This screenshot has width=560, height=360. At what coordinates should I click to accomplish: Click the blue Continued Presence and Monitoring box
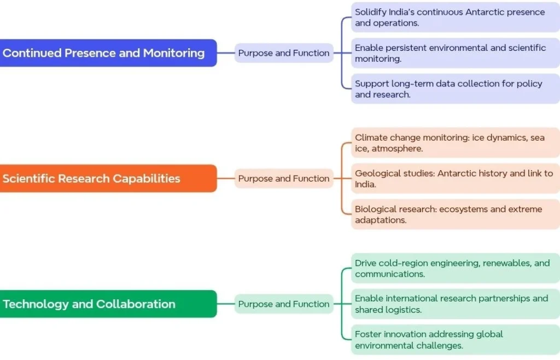107,53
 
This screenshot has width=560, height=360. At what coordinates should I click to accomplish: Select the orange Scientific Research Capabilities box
107,178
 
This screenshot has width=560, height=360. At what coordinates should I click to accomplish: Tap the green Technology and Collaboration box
107,304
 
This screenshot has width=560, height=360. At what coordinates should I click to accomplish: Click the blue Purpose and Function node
284,53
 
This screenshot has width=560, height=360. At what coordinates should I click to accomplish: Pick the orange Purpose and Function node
284,178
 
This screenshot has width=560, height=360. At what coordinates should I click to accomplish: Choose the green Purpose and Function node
284,304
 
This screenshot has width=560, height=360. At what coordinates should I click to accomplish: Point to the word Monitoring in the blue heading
174,53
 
